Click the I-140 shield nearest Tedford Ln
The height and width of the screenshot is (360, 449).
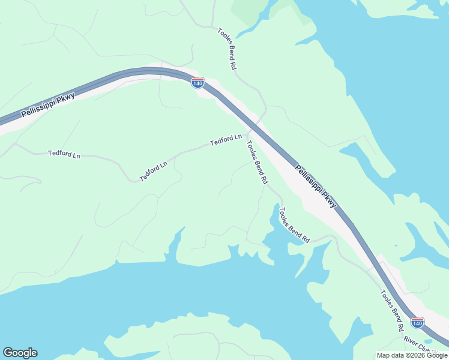click(197, 83)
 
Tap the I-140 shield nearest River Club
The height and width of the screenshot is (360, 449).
click(417, 323)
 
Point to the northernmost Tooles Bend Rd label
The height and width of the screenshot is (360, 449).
click(226, 49)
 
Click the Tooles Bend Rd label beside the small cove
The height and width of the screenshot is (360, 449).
click(294, 225)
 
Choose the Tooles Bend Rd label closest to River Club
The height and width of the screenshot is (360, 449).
click(391, 311)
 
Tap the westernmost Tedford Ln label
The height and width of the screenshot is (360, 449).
click(64, 154)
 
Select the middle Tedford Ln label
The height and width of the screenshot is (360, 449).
click(154, 172)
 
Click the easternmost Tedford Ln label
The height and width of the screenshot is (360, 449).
click(226, 140)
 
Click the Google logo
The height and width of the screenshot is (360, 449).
click(20, 352)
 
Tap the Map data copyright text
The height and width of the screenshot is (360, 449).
click(412, 355)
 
